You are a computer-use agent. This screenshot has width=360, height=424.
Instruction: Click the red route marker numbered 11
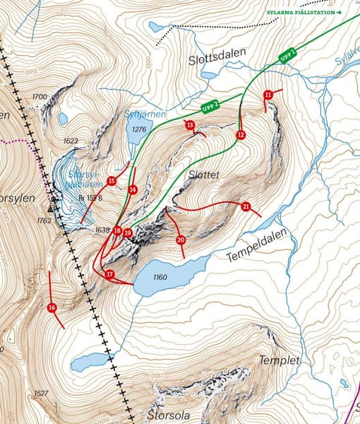coord(268,95)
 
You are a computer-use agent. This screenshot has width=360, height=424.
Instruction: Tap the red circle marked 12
coord(241,134)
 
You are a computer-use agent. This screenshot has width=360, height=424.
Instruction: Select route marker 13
coord(190,125)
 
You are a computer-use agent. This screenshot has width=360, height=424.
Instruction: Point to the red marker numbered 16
coord(52,307)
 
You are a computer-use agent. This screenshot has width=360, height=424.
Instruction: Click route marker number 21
coord(246,206)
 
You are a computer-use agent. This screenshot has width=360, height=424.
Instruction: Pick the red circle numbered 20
coord(181,240)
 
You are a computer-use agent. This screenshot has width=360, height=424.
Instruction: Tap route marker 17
coord(109,273)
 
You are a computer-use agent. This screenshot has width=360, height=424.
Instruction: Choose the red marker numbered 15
coord(112,181)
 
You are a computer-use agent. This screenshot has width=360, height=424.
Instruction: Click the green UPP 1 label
coord(287,55)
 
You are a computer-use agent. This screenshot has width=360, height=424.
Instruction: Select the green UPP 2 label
coord(210,107)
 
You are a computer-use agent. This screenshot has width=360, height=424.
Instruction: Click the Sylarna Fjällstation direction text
coord(304,13)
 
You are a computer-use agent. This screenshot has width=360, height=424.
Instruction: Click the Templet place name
coord(280,360)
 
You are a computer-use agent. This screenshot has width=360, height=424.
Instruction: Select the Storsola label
coord(169,416)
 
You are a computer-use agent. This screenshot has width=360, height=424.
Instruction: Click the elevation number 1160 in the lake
coord(160,277)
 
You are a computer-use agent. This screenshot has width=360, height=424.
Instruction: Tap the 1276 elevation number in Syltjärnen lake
coord(138,129)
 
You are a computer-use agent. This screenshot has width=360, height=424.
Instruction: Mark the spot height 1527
coord(41,394)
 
